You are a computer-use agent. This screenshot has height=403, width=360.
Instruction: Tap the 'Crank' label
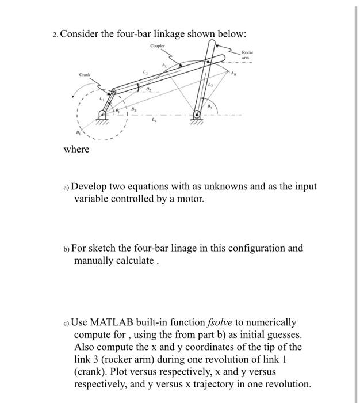coord(86,74)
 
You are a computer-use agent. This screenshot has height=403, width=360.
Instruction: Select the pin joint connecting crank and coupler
coord(113,92)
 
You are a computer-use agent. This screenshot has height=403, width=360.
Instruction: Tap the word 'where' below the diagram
coord(76,150)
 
